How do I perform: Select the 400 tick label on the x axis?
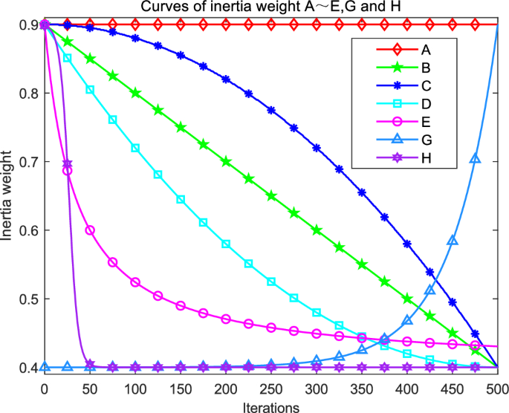[x=407, y=389]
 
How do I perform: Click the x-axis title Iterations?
[x=271, y=406]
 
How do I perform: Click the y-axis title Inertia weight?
[x=8, y=196]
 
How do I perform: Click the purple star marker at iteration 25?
[x=67, y=163]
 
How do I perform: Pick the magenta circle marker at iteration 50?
[x=90, y=230]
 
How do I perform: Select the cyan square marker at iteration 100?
[x=135, y=149]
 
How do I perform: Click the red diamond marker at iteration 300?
[x=317, y=25]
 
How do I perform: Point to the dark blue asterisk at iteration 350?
[x=362, y=192]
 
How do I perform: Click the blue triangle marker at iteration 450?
[x=453, y=240]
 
